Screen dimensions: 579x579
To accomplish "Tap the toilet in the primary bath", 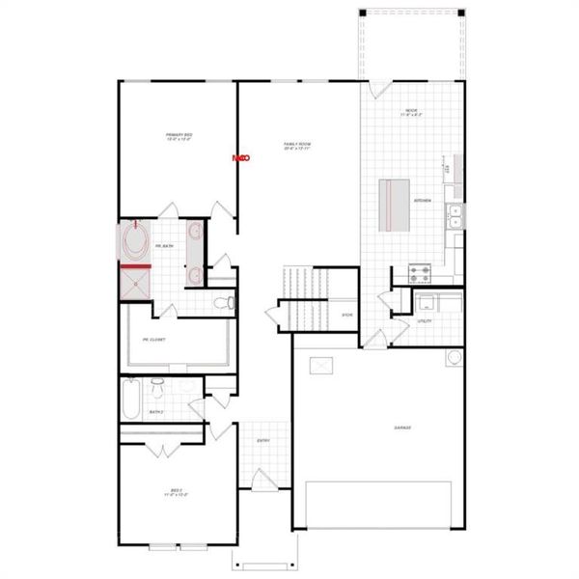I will pos(224,304).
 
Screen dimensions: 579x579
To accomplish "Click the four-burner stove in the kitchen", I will pos(422,272).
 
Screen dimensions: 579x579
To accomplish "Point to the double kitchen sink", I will pos(455,217).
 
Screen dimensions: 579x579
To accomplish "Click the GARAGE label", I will pos(402,427).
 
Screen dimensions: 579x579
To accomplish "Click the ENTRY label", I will pos(263,441).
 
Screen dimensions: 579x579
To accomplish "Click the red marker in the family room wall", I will pos(240,157).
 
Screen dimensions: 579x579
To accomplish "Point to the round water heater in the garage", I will pos(455,358).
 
